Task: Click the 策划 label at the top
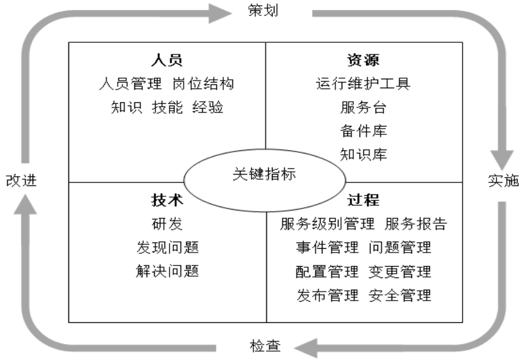262,11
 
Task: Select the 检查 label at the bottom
264,347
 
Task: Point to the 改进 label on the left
21,180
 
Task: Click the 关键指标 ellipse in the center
264,175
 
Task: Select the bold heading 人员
168,60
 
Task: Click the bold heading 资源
363,60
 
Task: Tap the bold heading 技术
168,200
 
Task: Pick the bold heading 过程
363,200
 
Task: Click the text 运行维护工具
363,84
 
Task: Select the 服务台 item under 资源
363,107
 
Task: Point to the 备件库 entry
363,131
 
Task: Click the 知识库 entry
363,155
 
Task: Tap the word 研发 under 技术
168,224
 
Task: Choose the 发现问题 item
168,247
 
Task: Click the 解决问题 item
168,271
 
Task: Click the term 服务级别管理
327,224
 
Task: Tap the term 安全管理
400,295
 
